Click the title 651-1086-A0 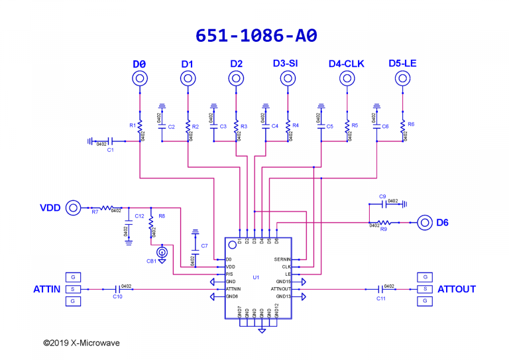click(254, 36)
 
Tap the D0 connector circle click(139, 79)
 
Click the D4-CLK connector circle click(345, 79)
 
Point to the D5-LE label click(402, 63)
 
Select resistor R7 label click(95, 212)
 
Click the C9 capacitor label click(382, 196)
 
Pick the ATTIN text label click(47, 290)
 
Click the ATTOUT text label click(457, 290)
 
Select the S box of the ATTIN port click(73, 289)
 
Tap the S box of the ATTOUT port click(424, 289)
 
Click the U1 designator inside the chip click(256, 276)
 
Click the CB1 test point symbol click(161, 252)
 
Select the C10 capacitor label click(117, 297)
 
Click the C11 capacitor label click(381, 299)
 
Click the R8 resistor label click(162, 216)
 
